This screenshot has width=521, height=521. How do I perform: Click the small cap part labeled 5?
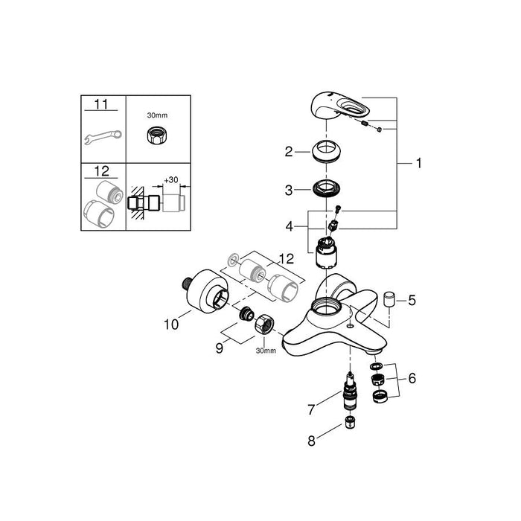[x=390, y=300]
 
